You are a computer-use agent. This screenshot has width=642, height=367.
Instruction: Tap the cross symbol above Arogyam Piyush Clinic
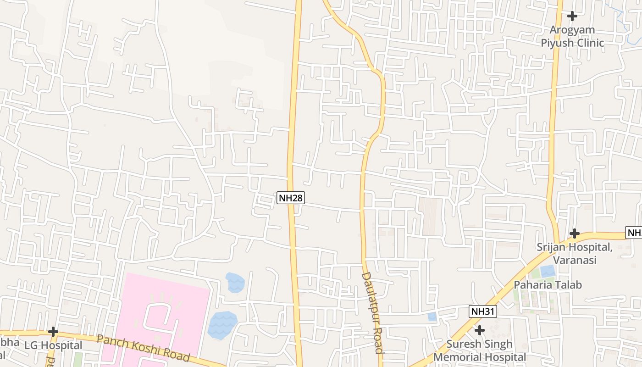[572, 16]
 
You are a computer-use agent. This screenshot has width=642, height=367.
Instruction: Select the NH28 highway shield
[291, 198]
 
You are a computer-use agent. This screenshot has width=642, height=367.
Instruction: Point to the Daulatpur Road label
[372, 313]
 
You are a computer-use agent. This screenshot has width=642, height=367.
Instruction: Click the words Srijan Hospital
[575, 247]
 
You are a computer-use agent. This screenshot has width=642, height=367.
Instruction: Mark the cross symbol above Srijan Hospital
[574, 234]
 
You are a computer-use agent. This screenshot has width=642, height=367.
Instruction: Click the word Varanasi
[575, 260]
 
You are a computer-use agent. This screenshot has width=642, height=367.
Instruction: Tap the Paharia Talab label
[548, 285]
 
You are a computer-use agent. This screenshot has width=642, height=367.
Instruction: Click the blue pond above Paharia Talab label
[548, 271]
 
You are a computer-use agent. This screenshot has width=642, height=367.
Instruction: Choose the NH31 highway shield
[483, 312]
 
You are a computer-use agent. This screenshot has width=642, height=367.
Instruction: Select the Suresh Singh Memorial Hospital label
[480, 350]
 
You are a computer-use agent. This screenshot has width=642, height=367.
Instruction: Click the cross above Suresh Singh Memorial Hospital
[480, 330]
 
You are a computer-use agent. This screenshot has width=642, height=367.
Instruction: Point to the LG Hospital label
[53, 345]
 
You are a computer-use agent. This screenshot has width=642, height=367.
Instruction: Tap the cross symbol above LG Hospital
[53, 331]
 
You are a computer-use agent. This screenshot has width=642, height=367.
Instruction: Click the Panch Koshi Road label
[143, 348]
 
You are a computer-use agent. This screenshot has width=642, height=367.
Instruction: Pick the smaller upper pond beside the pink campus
[235, 283]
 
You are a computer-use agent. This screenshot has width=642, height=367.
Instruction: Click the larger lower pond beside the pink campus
[222, 325]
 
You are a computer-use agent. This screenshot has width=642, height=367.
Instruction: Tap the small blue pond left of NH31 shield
[432, 317]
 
